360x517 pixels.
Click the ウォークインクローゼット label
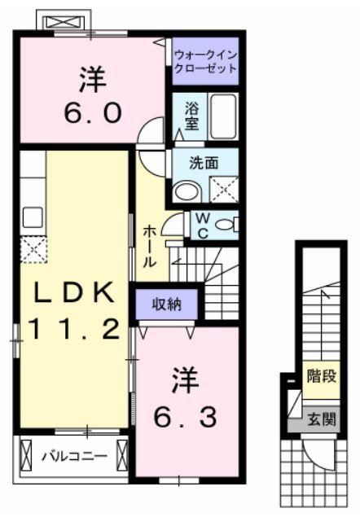coord(204,62)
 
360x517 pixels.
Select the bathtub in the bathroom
coord(222,116)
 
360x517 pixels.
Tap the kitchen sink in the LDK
coord(33,217)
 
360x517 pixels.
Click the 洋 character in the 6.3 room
coord(186,379)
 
